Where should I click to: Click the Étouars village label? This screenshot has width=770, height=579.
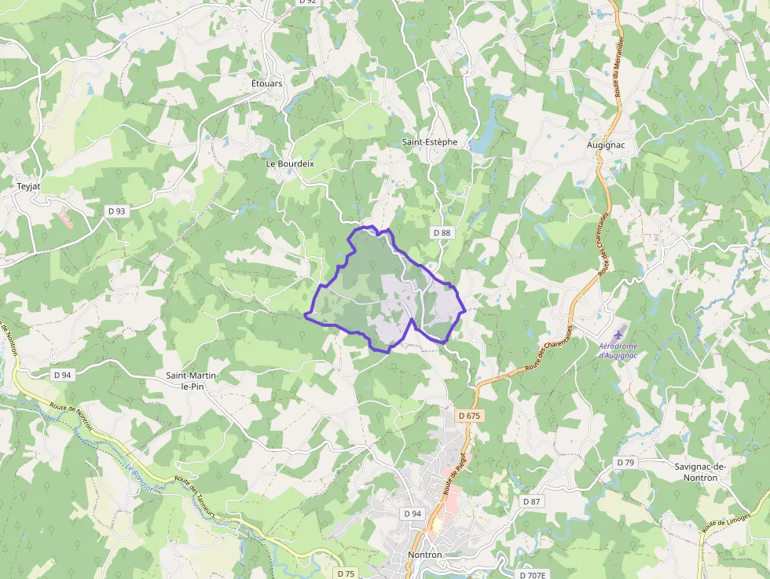[x=267, y=83]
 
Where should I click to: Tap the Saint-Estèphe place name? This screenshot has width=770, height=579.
[x=429, y=142]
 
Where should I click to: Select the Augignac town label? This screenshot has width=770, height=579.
[x=607, y=145]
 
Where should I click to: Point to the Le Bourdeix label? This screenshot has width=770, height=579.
[x=290, y=163]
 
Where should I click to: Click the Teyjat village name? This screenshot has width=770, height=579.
[x=28, y=187]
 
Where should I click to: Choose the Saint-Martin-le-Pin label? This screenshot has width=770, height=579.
[x=192, y=381]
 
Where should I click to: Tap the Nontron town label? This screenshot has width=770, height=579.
[x=425, y=555]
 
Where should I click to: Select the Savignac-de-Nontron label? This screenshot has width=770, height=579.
[x=701, y=472]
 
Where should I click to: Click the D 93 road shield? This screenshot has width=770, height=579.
[x=116, y=211]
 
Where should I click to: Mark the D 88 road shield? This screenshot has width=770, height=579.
[x=442, y=233]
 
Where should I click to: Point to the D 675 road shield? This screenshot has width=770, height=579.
[x=468, y=415]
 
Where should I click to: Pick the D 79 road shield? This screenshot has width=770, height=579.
[x=625, y=463]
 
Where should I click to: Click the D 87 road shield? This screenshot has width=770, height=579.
[x=532, y=501]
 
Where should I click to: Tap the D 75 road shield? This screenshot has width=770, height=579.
[x=346, y=574]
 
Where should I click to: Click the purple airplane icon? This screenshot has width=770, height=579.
[x=618, y=333]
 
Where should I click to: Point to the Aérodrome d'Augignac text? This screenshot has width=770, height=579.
[x=618, y=350]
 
